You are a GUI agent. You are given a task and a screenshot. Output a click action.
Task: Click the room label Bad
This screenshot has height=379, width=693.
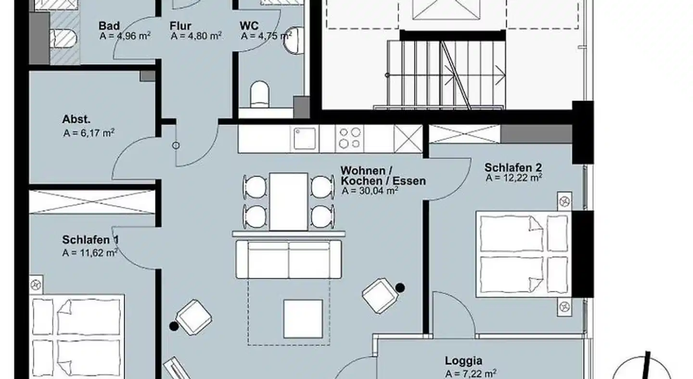click(x=109, y=25)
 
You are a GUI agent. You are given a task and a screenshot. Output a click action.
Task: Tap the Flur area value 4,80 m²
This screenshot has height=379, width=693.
click(x=203, y=36)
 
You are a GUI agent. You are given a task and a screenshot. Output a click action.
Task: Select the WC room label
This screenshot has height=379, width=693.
click(x=249, y=25)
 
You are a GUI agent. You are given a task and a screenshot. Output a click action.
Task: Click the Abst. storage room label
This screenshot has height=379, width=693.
click(x=77, y=119)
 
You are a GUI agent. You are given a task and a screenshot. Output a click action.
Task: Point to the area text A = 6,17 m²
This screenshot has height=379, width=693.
click(x=89, y=133)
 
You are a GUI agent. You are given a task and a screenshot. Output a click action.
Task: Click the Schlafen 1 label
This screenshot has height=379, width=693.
click(x=90, y=240)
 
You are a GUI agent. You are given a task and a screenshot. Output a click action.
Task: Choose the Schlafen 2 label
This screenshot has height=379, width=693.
click(x=513, y=167)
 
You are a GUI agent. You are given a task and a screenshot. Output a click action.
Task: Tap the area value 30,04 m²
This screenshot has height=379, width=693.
click(x=378, y=191)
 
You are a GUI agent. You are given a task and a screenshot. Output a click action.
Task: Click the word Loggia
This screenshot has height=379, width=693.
click(x=463, y=361)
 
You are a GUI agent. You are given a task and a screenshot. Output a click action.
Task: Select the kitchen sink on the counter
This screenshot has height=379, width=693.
click(x=304, y=139)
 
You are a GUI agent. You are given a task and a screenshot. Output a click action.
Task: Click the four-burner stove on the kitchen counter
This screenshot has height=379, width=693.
click(x=349, y=139)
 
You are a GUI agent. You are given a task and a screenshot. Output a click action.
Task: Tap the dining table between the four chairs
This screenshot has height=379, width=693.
click(x=288, y=202)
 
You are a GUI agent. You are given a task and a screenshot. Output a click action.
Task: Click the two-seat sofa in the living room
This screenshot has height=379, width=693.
click(x=289, y=259)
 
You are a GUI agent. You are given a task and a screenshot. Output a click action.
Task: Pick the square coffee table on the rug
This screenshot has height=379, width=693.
click(x=303, y=319)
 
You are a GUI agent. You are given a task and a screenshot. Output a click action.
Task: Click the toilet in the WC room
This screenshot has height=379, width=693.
click(x=259, y=94)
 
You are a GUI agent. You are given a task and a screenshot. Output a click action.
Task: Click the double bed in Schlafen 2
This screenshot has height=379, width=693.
click(x=524, y=254)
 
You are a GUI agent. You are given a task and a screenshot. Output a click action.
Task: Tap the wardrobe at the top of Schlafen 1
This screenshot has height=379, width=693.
click(x=92, y=202)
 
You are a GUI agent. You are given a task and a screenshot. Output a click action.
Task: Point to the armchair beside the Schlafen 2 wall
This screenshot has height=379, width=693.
click(x=381, y=295)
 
